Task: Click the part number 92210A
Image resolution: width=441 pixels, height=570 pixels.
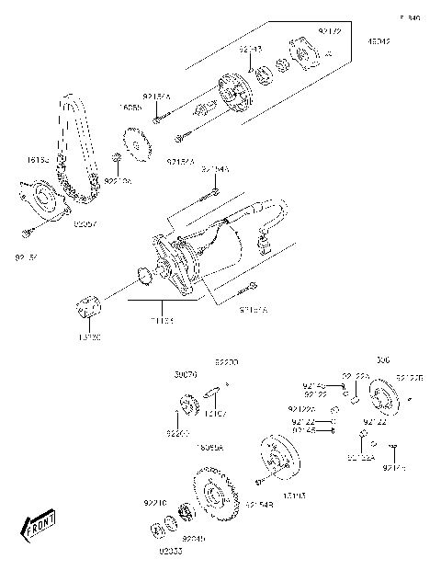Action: click(x=118, y=182)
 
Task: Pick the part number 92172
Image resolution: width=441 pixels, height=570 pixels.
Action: click(x=329, y=32)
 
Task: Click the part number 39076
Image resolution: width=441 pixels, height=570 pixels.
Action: click(x=187, y=375)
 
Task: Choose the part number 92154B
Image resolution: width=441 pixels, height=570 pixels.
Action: click(x=257, y=504)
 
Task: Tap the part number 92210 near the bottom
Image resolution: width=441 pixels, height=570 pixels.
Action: click(x=154, y=503)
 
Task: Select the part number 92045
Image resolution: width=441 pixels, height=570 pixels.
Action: click(x=194, y=538)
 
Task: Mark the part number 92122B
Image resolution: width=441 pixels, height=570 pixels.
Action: click(x=409, y=377)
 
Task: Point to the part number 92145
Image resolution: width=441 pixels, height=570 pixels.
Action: click(x=304, y=429)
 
